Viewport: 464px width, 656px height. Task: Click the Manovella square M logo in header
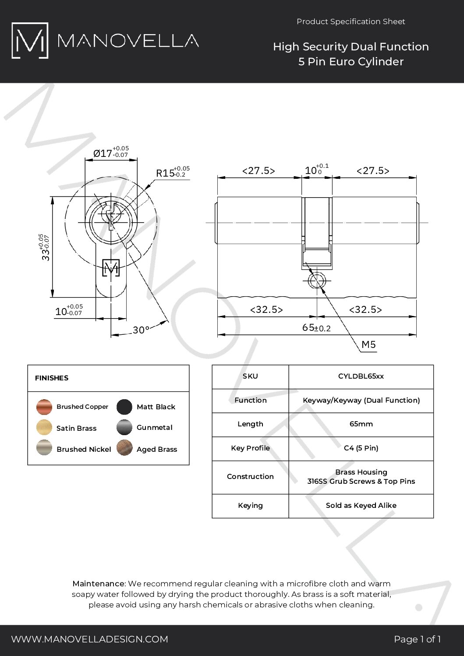(30, 40)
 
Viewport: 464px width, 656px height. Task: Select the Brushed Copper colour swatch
(44, 407)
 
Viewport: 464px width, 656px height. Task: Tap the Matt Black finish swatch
(124, 407)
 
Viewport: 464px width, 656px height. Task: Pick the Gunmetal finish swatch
(124, 428)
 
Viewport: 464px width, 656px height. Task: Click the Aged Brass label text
(156, 449)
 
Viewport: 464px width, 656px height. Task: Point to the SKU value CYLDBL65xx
(361, 376)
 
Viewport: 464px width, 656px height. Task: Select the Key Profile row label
(250, 448)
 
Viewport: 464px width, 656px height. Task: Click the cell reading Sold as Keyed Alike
(361, 505)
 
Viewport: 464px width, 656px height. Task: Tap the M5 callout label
(368, 345)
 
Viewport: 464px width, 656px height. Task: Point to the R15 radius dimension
(166, 173)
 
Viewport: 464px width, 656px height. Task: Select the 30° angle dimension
(141, 330)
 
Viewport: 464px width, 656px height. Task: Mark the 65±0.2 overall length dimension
(316, 328)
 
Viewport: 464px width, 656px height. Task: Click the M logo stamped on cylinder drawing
(111, 268)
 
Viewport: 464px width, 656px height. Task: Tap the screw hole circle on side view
(316, 281)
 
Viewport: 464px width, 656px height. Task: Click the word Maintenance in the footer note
(99, 584)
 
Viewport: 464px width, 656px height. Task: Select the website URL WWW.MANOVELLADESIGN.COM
(89, 639)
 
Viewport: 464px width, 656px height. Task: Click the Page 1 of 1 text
(417, 639)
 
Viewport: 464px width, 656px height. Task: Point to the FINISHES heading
(52, 378)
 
